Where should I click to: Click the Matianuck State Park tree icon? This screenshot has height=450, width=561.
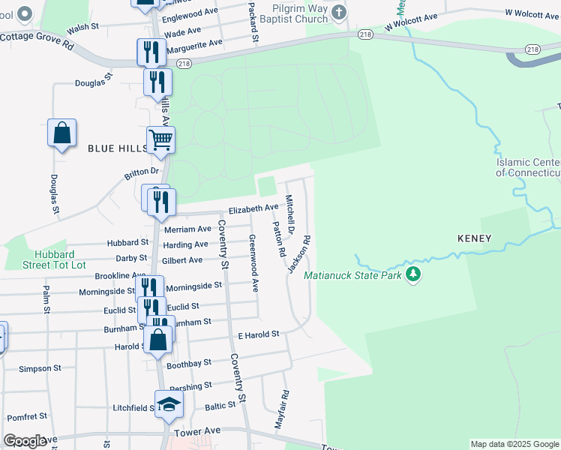(412, 275)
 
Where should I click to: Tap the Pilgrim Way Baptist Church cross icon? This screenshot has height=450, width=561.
(339, 13)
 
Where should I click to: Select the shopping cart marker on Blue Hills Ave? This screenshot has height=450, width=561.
(161, 139)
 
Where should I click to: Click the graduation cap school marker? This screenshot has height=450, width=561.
(169, 404)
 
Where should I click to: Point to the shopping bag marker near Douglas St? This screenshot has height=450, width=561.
(62, 133)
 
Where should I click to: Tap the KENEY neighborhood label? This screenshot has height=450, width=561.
(474, 238)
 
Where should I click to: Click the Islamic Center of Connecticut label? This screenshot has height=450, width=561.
(528, 168)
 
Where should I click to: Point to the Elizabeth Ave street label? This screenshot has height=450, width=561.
(253, 208)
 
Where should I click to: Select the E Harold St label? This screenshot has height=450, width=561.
(258, 334)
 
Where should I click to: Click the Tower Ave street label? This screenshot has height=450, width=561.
(197, 432)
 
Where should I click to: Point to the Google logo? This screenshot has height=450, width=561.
(25, 441)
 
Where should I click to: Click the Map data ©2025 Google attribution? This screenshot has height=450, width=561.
(514, 444)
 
